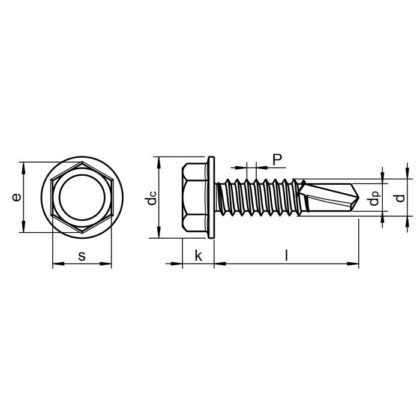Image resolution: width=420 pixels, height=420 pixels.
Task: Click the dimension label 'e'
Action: pos(17,197)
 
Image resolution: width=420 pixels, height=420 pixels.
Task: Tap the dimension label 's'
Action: pos(82,256)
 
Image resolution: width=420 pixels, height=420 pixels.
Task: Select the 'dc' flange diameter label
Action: pos(151,198)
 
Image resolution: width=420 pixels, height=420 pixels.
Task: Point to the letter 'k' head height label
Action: pos(198,255)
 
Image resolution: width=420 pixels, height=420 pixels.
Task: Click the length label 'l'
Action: pos(286,255)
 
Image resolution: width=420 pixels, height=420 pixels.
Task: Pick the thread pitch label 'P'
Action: pos(277,160)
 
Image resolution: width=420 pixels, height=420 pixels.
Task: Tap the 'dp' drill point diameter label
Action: pos(374,198)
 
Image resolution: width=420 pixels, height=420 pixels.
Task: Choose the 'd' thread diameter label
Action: pos(400,198)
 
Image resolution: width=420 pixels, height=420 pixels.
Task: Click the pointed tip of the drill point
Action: pos(359,197)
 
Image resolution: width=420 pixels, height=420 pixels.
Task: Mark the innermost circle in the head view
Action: pos(59,197)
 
